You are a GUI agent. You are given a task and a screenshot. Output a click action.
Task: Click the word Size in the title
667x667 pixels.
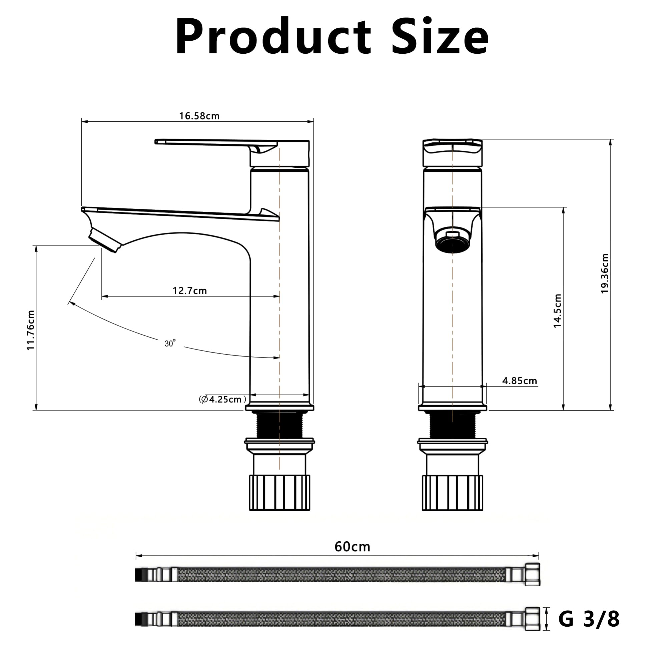(x=440, y=36)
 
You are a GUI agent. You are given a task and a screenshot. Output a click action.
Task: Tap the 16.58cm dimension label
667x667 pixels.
(x=199, y=116)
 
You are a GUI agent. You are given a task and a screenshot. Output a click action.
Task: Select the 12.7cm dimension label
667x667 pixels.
(x=189, y=291)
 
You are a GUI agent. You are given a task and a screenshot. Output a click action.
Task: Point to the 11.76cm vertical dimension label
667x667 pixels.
(x=30, y=330)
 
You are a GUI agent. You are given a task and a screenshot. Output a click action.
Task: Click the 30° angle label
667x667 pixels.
(x=170, y=343)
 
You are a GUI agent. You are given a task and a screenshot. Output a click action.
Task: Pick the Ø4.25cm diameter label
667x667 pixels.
(x=222, y=400)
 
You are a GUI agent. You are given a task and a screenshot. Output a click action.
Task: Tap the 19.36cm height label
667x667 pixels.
(x=605, y=274)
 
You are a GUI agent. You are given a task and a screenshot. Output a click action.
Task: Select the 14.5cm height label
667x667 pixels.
(x=557, y=311)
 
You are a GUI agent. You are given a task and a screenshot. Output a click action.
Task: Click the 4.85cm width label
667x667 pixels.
(x=520, y=381)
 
